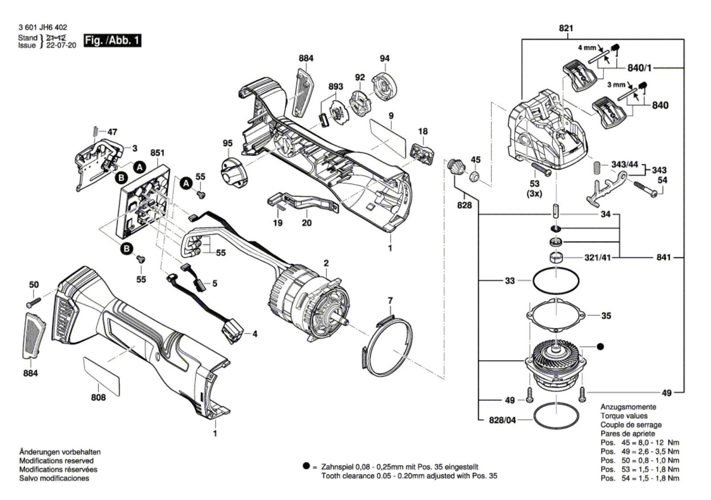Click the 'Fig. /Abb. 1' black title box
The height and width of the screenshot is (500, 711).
[112, 40]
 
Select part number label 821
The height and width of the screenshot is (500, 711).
[566, 28]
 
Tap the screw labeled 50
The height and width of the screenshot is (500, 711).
[33, 302]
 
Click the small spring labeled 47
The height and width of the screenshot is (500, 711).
[95, 132]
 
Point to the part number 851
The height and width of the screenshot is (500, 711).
[157, 153]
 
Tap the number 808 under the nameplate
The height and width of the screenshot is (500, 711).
[98, 397]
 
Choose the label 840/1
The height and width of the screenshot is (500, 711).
[639, 68]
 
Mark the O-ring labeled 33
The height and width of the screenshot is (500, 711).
[555, 281]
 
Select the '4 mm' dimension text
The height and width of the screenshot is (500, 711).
[587, 47]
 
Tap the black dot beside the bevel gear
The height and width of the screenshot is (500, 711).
[600, 345]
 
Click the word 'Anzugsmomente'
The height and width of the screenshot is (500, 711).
[622, 407]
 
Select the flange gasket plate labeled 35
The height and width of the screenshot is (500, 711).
[555, 315]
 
